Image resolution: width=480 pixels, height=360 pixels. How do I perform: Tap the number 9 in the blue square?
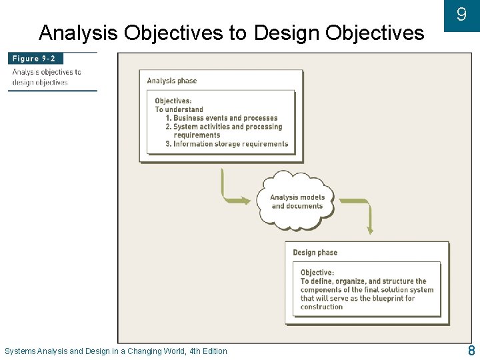click(x=461, y=15)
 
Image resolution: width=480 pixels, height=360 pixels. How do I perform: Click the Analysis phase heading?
click(x=172, y=81)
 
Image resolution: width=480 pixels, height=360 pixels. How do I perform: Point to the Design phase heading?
click(x=315, y=253)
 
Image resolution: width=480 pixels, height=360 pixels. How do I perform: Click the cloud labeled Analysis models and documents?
click(x=297, y=201)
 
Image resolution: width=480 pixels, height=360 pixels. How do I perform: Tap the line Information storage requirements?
click(x=230, y=143)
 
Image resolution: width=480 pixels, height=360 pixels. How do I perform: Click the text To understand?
click(x=179, y=109)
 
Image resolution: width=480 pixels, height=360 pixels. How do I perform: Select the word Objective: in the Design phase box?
click(x=317, y=273)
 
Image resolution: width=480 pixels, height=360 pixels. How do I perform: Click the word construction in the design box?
click(x=321, y=307)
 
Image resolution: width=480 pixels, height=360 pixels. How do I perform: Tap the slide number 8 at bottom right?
click(x=471, y=351)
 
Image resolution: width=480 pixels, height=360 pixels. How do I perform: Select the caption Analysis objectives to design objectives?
click(x=46, y=77)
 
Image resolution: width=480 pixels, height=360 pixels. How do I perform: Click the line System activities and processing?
click(x=227, y=127)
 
